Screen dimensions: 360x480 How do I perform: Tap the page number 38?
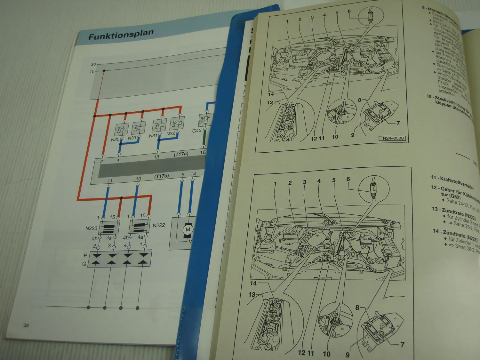[26, 325]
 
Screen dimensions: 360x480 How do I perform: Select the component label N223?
[91, 228]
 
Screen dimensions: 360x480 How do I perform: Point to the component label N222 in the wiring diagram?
[159, 225]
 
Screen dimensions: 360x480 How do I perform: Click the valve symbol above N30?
[122, 130]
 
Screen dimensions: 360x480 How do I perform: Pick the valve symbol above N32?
[177, 123]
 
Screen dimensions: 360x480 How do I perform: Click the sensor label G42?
[197, 131]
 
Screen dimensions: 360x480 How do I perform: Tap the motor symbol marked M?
[188, 229]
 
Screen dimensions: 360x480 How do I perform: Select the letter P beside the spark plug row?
[85, 255]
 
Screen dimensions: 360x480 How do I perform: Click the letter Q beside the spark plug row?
[84, 264]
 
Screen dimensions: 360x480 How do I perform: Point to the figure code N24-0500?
[393, 138]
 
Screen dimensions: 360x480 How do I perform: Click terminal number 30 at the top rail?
[93, 64]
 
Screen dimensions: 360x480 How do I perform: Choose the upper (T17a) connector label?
[181, 154]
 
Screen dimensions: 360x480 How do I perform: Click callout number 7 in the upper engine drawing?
[398, 123]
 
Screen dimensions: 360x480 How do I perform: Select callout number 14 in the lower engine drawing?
[253, 283]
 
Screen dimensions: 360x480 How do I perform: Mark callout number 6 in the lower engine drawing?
[348, 179]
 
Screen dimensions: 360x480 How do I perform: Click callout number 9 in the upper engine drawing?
[353, 135]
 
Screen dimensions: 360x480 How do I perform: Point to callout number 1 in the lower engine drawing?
[275, 184]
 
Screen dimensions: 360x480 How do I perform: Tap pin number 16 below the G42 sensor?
[203, 152]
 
